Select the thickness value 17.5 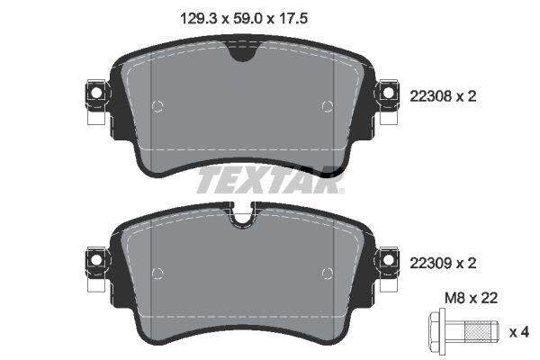[301, 15]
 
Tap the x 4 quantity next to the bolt [519, 332]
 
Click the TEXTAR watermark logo [269, 180]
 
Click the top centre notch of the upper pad [242, 53]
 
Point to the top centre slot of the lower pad [242, 217]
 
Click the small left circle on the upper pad [158, 107]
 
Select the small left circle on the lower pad [158, 273]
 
